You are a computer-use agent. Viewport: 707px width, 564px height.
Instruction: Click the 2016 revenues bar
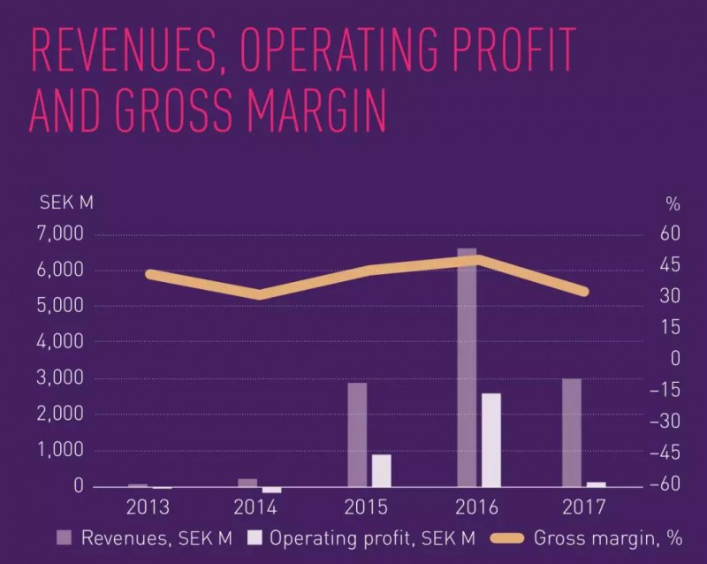[467, 371]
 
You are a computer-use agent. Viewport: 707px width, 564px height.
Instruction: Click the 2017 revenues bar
[572, 432]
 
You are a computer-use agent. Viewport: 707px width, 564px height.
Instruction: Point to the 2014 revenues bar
[247, 483]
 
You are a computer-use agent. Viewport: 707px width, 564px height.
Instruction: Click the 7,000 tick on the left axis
[62, 234]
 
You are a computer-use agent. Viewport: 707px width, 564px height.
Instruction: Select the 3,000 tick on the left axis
[62, 378]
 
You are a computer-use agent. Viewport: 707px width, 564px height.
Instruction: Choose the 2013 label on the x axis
[149, 507]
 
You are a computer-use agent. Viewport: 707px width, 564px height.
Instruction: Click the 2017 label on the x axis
[582, 507]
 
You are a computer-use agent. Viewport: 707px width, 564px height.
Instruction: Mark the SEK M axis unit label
[66, 203]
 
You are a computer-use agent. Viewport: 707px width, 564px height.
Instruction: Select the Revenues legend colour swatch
[65, 537]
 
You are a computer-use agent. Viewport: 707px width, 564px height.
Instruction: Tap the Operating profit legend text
[372, 537]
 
